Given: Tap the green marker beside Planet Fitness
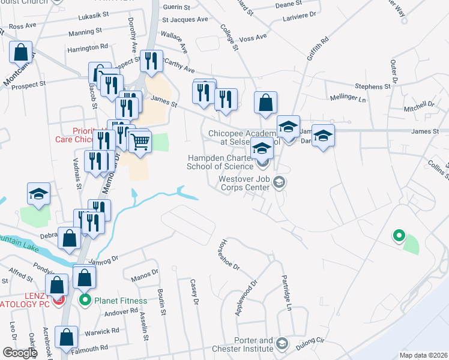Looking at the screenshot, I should click(x=85, y=300).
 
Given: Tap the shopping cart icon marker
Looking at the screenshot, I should click(x=140, y=142).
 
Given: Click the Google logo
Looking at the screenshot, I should click(x=19, y=353).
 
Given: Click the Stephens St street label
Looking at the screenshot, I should click(x=372, y=86).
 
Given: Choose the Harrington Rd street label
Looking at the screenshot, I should click(x=88, y=46).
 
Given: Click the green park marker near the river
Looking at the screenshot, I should click(x=397, y=235).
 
